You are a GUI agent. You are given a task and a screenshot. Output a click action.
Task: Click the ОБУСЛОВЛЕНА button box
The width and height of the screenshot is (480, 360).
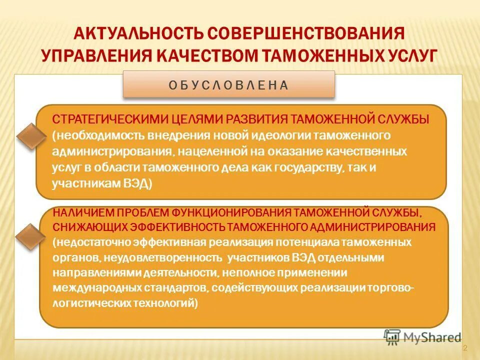pos(228,84)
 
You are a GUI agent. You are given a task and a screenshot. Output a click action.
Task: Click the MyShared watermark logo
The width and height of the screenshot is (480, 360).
pos(422,337)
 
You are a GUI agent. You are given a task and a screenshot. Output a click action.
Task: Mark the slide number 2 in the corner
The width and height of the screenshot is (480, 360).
pos(464,348)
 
